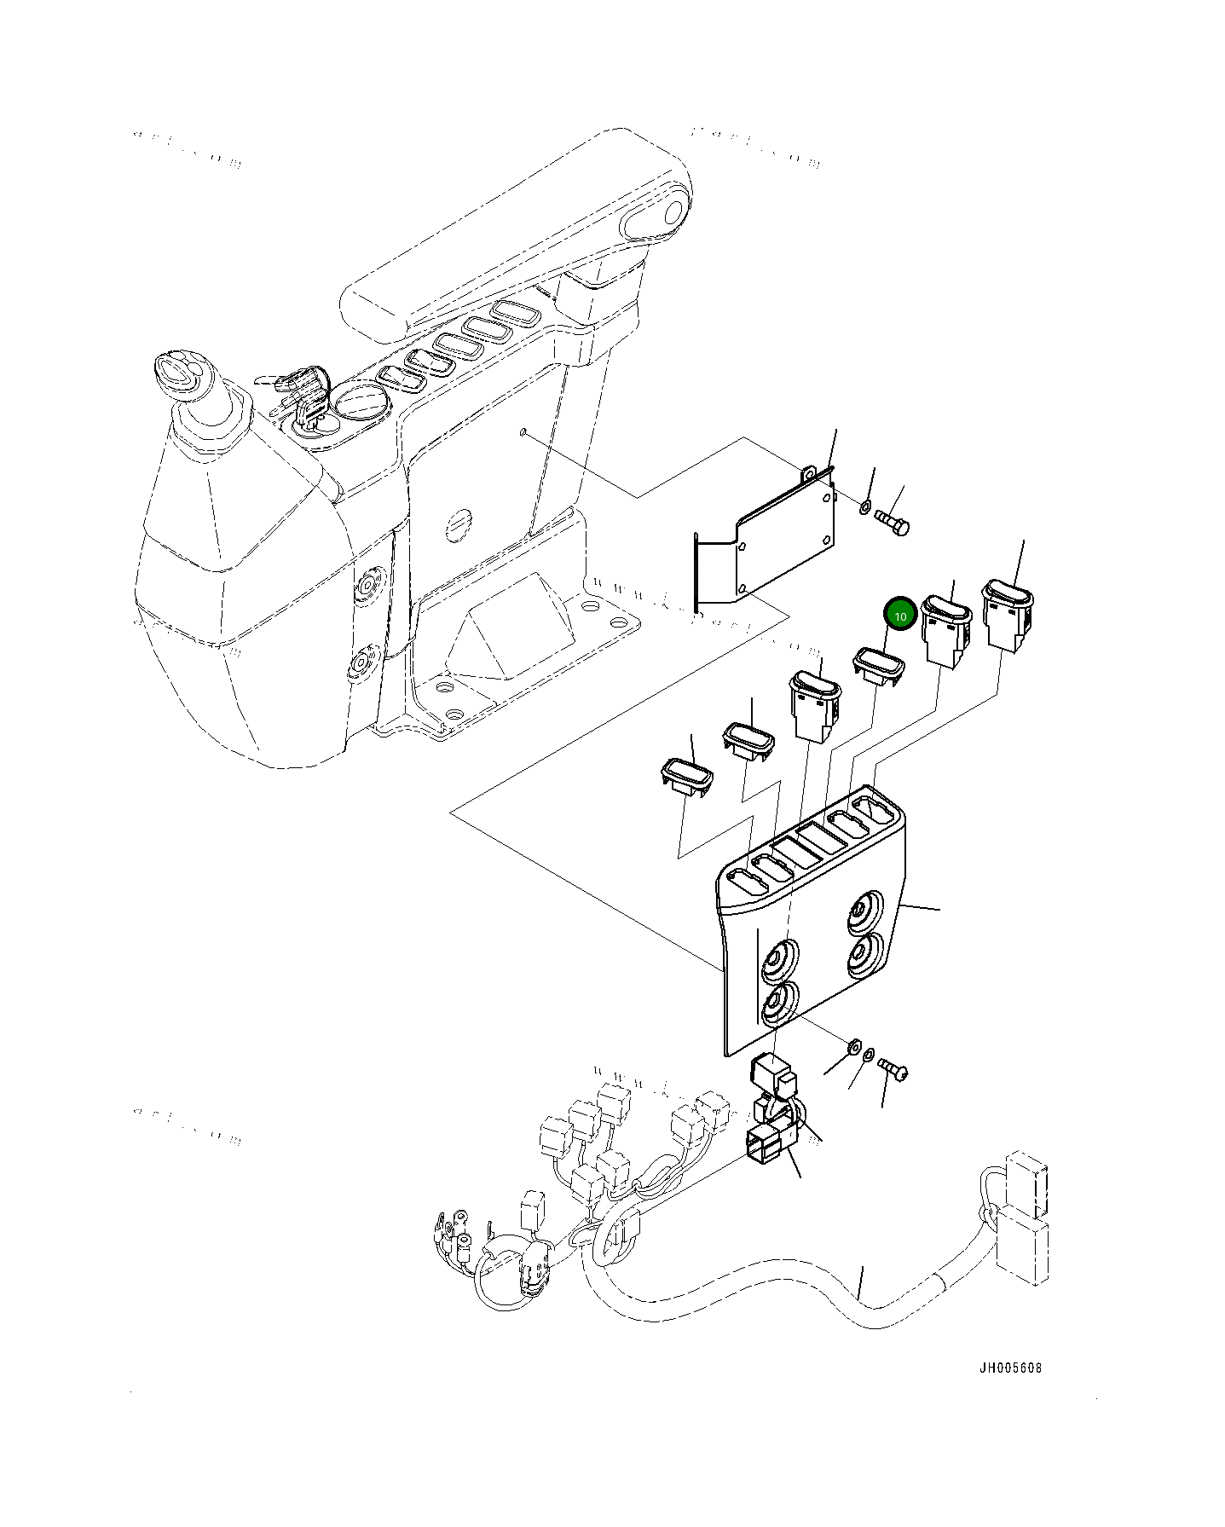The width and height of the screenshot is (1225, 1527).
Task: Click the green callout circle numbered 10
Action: coord(899,614)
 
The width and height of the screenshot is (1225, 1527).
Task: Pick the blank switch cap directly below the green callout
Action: coord(879,665)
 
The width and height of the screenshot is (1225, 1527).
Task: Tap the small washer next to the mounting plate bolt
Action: coord(864,508)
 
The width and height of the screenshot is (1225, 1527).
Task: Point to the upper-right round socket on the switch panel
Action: coord(865,913)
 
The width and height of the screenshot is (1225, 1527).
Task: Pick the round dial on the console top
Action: coord(360,402)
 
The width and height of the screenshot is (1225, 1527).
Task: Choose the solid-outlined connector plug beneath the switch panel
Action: coord(766,1143)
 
